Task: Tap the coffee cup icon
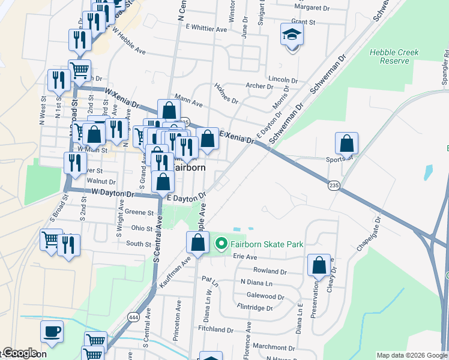click(x=52, y=331)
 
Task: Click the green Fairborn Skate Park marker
click(x=221, y=244)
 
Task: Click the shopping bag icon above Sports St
click(x=346, y=143)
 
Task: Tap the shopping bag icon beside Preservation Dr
click(x=319, y=265)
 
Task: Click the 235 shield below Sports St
click(x=334, y=186)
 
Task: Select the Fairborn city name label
click(x=189, y=167)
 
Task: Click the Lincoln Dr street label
click(x=283, y=79)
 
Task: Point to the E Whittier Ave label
click(x=206, y=28)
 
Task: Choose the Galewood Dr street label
click(x=265, y=296)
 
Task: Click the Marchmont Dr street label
click(x=270, y=347)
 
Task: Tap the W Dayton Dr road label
click(x=113, y=193)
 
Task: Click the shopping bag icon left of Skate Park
click(x=197, y=242)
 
